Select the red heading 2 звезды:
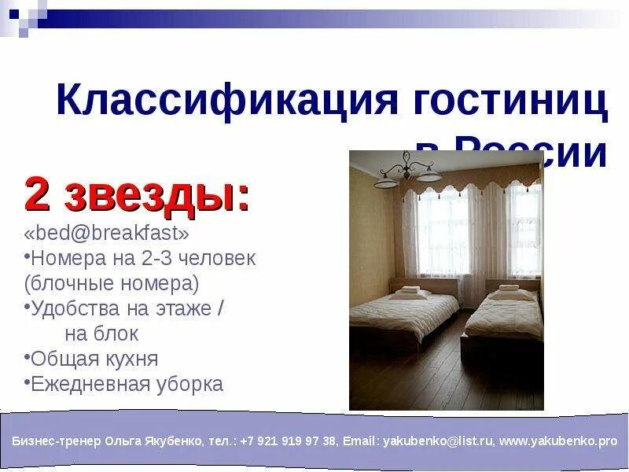(x=138, y=195)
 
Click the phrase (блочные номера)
(x=112, y=282)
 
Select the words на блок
(x=101, y=334)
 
